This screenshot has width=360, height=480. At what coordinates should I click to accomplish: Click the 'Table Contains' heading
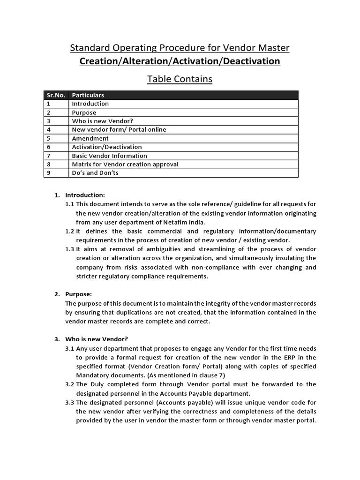[180, 79]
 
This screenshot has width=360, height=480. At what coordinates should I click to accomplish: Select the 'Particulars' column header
[88, 95]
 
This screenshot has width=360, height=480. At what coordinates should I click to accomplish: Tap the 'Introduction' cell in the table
[90, 104]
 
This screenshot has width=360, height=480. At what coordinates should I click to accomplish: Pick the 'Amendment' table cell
[90, 138]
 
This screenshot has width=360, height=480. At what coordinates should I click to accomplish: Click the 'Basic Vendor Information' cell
[109, 156]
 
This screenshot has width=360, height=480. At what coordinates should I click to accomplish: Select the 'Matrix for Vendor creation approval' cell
[125, 164]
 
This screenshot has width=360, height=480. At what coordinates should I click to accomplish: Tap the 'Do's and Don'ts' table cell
[95, 173]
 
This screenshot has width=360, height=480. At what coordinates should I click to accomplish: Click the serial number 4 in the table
[48, 130]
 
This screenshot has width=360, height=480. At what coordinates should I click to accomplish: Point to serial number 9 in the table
[48, 173]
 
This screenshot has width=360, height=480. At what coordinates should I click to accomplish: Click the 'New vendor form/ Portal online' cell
[119, 130]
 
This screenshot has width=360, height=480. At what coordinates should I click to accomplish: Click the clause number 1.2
[70, 231]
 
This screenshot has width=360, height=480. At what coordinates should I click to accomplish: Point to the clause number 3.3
[70, 402]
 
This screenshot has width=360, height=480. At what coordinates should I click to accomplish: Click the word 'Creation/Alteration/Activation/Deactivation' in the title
[180, 61]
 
